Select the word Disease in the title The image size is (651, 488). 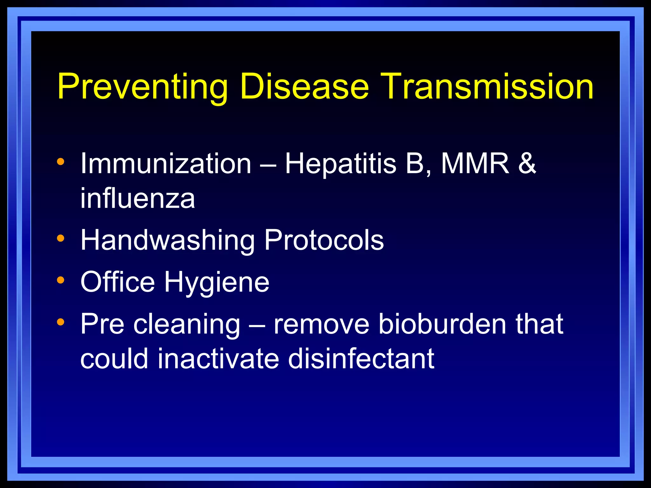pos(304,86)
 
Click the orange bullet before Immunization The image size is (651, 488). pos(60,162)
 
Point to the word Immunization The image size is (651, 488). pos(166,164)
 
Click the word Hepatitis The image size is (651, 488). pos(340,164)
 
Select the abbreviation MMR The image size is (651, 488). pos(475,164)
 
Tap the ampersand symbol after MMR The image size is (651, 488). pos(527,164)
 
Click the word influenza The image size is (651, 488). pos(137,199)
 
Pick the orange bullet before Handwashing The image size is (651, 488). pos(60,238)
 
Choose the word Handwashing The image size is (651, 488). pos(168,241)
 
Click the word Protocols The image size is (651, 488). pos(324,241)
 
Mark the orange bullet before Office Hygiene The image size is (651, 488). pos(60,280)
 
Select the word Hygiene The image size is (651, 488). pos(216,282)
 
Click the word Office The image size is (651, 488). pos(118,282)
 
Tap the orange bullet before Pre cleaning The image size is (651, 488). pos(60,322)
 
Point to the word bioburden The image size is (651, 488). pos(442,324)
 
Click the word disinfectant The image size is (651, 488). pos(361,359)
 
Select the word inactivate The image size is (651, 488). pos(218,359)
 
